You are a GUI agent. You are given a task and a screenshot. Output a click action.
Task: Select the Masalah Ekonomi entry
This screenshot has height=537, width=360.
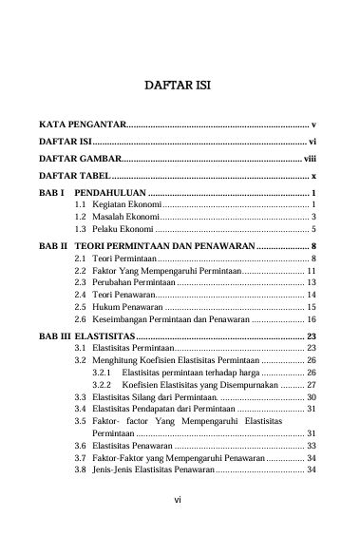click(x=125, y=218)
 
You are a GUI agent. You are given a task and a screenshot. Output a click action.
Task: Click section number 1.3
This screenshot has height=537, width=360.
click(x=82, y=230)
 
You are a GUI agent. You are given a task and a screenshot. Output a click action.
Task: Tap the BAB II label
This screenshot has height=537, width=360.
click(x=53, y=245)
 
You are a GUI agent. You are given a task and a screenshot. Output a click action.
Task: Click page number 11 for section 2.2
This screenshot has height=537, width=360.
click(x=310, y=271)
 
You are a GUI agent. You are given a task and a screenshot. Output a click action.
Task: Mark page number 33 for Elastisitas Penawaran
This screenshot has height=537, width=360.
click(x=310, y=446)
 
